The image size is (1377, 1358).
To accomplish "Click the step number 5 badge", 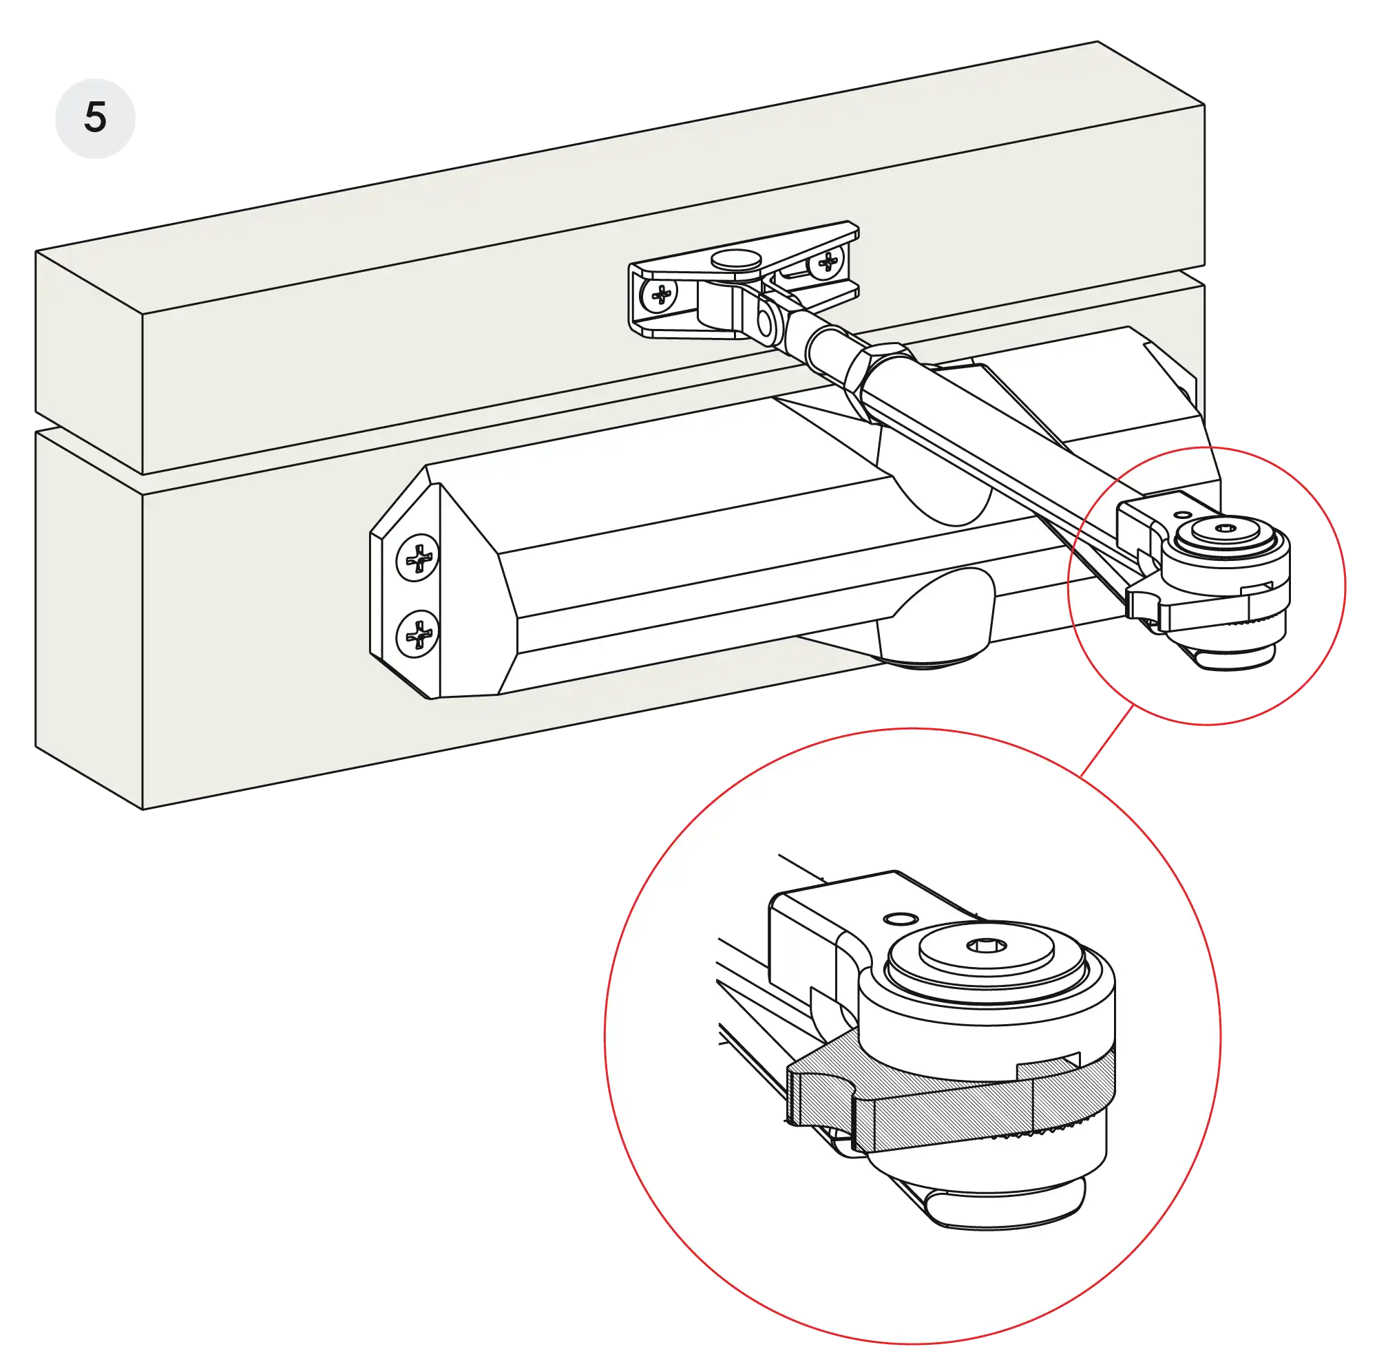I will [x=96, y=118].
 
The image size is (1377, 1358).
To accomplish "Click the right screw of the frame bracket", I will [x=828, y=264].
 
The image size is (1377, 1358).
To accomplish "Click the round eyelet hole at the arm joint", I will [x=766, y=323].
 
